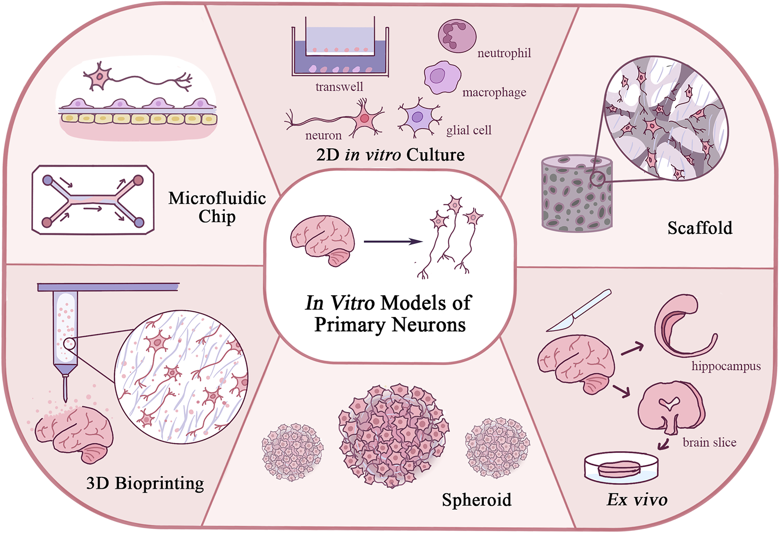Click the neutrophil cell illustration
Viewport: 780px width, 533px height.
click(457, 36)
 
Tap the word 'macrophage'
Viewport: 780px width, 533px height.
click(494, 92)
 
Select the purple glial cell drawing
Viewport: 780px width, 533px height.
click(418, 118)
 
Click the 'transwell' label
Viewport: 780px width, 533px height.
click(339, 87)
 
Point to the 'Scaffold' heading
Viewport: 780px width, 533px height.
click(699, 228)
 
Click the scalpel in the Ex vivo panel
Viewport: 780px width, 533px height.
click(579, 311)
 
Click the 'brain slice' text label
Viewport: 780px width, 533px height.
click(709, 442)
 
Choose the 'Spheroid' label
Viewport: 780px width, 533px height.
click(477, 500)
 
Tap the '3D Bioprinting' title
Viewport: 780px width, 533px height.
click(145, 483)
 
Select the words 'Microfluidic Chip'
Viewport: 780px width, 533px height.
click(217, 207)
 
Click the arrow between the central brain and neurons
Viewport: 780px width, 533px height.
click(393, 241)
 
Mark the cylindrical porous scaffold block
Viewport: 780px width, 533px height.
click(577, 194)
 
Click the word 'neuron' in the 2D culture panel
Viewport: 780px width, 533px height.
click(324, 135)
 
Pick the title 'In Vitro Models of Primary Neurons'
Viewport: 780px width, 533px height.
click(389, 314)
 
